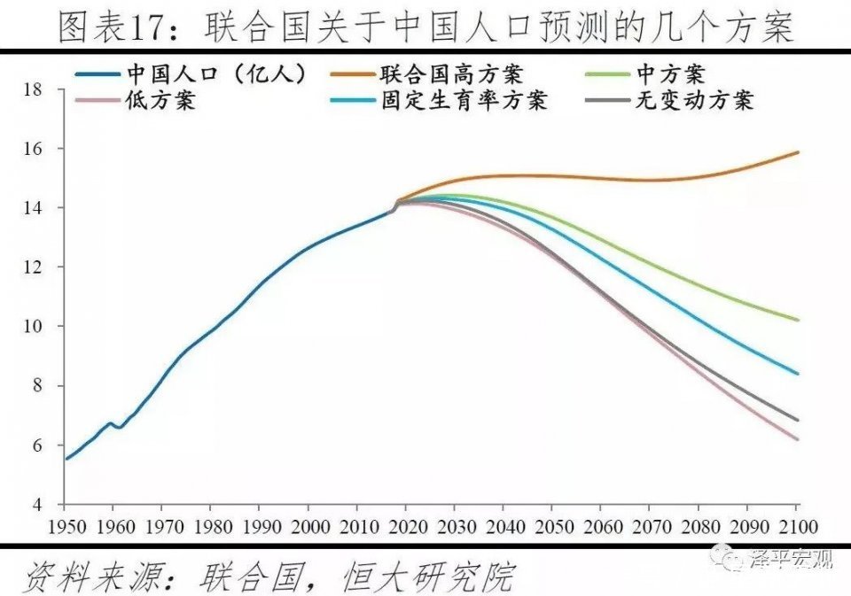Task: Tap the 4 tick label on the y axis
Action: [x=36, y=505]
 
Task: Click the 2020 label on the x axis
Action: [x=406, y=525]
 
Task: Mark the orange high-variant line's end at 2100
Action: [x=798, y=152]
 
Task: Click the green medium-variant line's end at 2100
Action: [x=798, y=320]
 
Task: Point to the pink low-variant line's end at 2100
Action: [x=798, y=439]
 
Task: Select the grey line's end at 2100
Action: [x=798, y=420]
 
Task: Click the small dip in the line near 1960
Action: [x=120, y=428]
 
